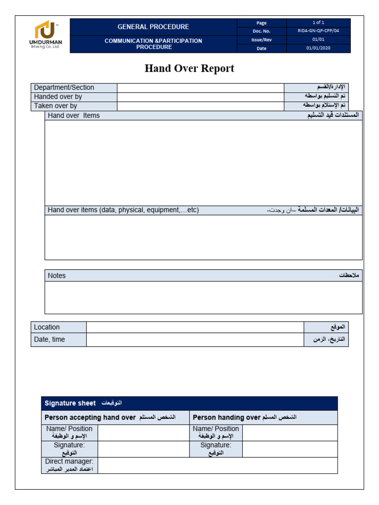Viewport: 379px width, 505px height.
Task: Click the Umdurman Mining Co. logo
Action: (45, 35)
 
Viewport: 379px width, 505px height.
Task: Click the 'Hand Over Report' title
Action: (189, 69)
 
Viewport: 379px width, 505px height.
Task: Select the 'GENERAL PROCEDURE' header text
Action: (153, 27)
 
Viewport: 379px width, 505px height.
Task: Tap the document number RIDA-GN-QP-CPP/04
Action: (318, 31)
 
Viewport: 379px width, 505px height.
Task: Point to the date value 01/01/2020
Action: (318, 48)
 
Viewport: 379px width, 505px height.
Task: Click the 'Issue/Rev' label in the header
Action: (262, 40)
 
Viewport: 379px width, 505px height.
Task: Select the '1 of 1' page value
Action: (318, 23)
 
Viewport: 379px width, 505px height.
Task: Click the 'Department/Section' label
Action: (64, 88)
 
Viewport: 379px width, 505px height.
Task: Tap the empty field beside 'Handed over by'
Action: (200, 97)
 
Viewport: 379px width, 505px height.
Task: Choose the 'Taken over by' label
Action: (56, 106)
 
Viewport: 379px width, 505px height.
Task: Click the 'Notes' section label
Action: (57, 276)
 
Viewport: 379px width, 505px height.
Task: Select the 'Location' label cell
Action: (47, 327)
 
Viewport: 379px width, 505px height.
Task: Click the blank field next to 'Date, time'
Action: (195, 340)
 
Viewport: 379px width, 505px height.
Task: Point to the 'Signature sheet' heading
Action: (70, 403)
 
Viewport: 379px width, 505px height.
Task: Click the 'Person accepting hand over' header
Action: (90, 418)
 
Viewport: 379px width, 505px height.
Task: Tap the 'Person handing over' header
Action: (227, 418)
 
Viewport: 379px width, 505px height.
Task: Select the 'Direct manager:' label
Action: (70, 462)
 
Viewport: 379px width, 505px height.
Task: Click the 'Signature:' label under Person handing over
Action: (215, 445)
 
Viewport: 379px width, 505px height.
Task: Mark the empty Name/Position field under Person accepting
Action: (144, 433)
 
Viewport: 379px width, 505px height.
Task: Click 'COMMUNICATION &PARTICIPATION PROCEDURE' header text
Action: (153, 44)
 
